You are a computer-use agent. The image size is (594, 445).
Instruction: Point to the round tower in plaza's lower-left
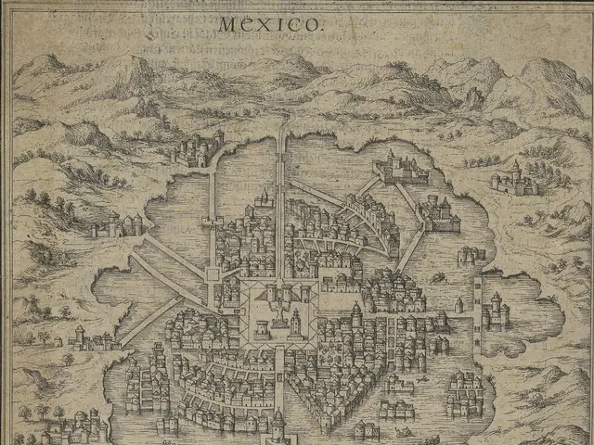[262, 327]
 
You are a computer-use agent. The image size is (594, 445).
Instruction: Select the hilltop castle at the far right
[516, 178]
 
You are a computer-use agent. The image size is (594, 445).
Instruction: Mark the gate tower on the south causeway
[278, 422]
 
